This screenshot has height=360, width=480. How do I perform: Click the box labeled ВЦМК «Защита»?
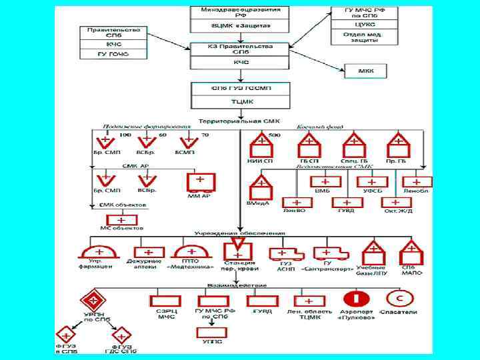pos(240,26)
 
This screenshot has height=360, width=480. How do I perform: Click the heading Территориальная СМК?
pos(241,121)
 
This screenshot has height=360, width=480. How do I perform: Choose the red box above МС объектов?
pos(121,219)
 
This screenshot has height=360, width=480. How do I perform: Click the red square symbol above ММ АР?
pos(199,182)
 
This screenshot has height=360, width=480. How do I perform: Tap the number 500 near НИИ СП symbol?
pos(274,135)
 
